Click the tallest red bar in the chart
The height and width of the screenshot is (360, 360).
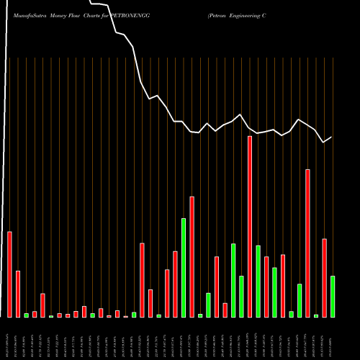(250, 227)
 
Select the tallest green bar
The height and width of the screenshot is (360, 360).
(184, 267)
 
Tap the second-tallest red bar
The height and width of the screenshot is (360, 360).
(307, 243)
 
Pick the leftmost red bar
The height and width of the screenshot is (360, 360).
(9, 274)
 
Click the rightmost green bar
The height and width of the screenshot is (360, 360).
(333, 297)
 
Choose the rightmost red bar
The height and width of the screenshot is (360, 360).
(325, 278)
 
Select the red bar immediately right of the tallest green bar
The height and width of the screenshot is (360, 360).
(192, 256)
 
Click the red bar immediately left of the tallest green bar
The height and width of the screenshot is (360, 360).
(175, 284)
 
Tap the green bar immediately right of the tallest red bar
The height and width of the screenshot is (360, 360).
(258, 282)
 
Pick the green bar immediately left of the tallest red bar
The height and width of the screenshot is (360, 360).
(241, 297)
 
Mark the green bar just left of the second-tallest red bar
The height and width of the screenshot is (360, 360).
(300, 301)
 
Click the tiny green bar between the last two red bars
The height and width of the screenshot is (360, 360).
(316, 316)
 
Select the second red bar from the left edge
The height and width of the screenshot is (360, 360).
(18, 294)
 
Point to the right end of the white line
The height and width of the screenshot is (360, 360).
(332, 137)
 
